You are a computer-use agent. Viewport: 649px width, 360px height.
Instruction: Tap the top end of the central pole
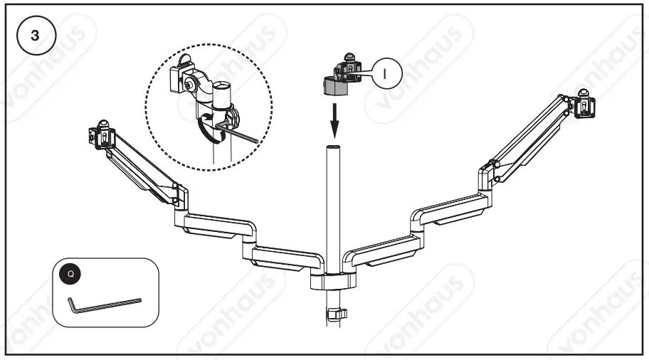click(x=333, y=148)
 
